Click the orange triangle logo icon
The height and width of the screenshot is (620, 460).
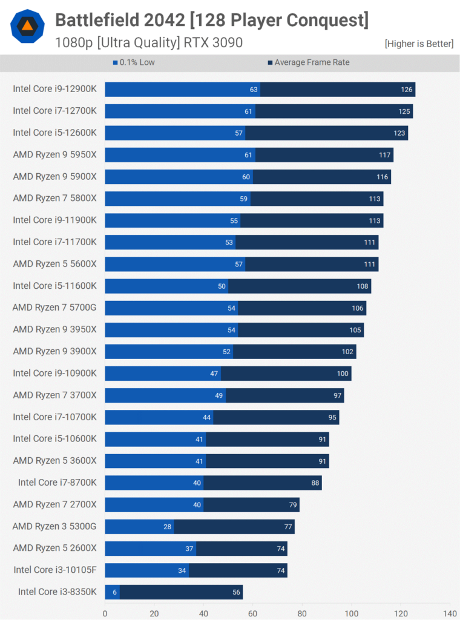[27, 25]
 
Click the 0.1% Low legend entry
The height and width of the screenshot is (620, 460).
[134, 62]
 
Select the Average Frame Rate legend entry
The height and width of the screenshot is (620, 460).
[309, 62]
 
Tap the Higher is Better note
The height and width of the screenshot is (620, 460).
[419, 44]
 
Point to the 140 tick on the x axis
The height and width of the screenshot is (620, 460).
[450, 612]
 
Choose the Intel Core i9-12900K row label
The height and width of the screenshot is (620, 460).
[54, 89]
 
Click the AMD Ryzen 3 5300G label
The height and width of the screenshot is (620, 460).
[54, 526]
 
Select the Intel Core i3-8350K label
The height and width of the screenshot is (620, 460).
[57, 592]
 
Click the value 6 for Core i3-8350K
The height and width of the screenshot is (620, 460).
[114, 592]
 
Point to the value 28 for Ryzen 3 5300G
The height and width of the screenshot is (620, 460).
[168, 527]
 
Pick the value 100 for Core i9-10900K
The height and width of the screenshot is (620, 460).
[343, 374]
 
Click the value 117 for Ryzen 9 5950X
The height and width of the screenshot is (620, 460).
[385, 155]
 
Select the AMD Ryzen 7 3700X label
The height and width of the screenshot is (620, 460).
[54, 395]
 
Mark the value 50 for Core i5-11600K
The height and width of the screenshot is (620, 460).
[222, 286]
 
